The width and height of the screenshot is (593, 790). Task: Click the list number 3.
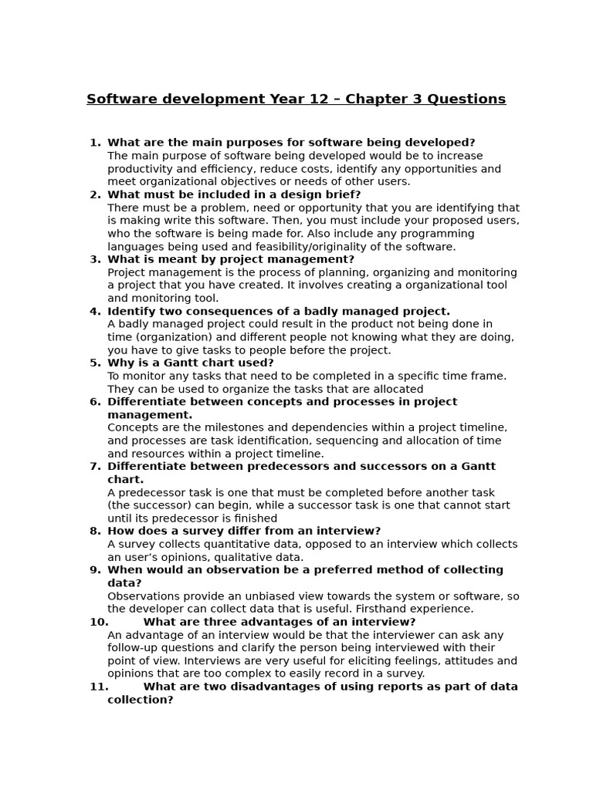point(95,260)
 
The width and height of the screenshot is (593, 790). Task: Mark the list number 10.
point(99,623)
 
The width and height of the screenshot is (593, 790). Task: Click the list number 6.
point(95,402)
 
